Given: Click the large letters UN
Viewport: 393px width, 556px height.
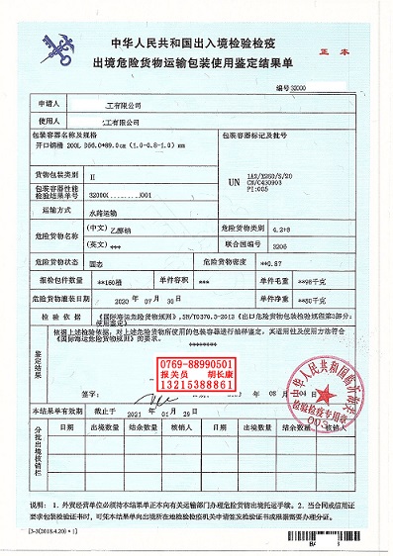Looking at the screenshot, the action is pyautogui.click(x=234, y=183).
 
